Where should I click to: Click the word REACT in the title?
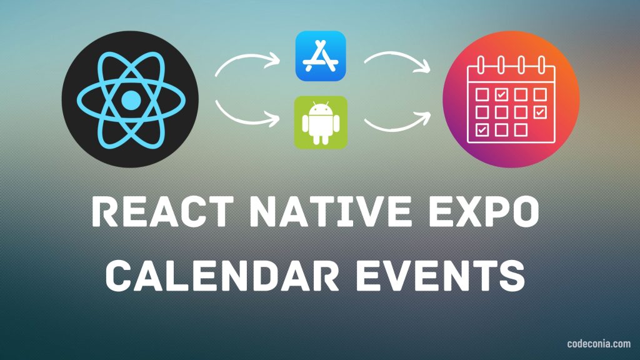[163, 211]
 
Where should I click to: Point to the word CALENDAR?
[222, 276]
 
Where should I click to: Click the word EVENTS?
[441, 276]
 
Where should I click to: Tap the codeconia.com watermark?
[599, 344]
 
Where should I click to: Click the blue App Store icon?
[321, 56]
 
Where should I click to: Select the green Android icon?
[321, 122]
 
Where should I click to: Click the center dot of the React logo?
[131, 99]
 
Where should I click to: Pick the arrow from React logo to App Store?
[246, 57]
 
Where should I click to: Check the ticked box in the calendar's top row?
[501, 94]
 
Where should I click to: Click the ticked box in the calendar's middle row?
[540, 112]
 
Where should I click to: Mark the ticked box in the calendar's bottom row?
[482, 130]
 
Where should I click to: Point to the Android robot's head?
[321, 109]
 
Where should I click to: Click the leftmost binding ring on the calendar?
[481, 64]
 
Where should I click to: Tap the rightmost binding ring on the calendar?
[542, 64]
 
